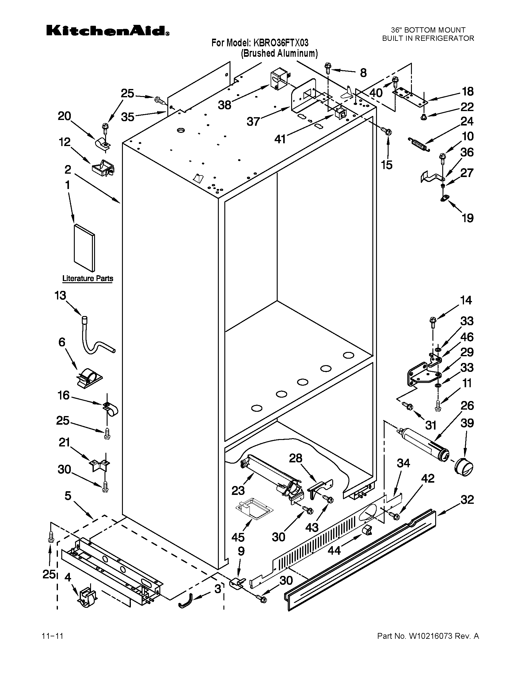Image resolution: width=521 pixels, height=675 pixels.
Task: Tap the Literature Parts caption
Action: coord(88,278)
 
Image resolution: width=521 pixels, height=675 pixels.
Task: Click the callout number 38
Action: coord(224,105)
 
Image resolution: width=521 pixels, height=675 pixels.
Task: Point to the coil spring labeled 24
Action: coord(419,144)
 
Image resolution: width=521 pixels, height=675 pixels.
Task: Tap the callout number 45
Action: coord(238,537)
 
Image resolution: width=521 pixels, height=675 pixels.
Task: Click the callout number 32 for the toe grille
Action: coord(467,499)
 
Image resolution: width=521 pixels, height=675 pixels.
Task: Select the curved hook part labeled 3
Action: coord(186,603)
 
